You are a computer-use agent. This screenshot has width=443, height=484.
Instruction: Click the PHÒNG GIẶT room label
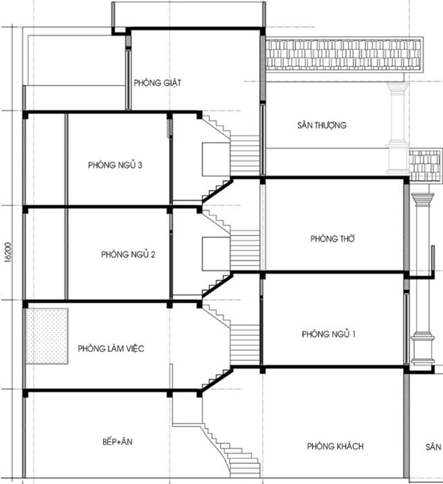(x=157, y=83)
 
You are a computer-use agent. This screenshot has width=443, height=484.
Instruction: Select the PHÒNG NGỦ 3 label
(x=120, y=165)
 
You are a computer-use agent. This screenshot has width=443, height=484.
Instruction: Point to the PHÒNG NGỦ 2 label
(x=128, y=254)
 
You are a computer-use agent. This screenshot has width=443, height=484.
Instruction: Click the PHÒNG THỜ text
(x=333, y=239)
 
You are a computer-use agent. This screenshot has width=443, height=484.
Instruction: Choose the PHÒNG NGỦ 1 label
(x=329, y=335)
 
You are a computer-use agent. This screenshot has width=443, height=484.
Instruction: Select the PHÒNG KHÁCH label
(x=335, y=446)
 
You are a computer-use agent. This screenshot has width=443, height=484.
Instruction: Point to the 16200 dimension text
(x=8, y=250)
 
